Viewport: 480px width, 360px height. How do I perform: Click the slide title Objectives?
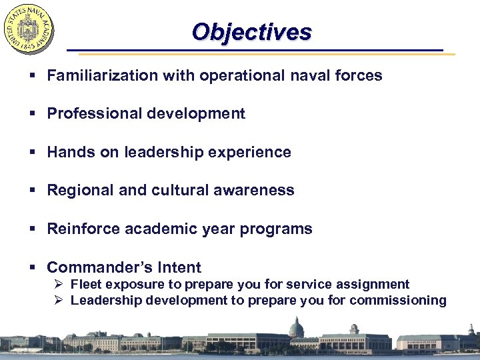pos(251,32)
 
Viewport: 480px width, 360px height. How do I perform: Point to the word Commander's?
pos(100,267)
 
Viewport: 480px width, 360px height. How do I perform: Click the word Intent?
pos(179,267)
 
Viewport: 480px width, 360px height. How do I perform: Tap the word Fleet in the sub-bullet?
pos(86,285)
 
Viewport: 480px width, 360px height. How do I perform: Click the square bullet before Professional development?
pos(33,114)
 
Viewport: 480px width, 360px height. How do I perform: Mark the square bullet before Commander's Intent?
pos(33,268)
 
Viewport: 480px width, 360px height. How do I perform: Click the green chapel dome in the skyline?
pos(296,327)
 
